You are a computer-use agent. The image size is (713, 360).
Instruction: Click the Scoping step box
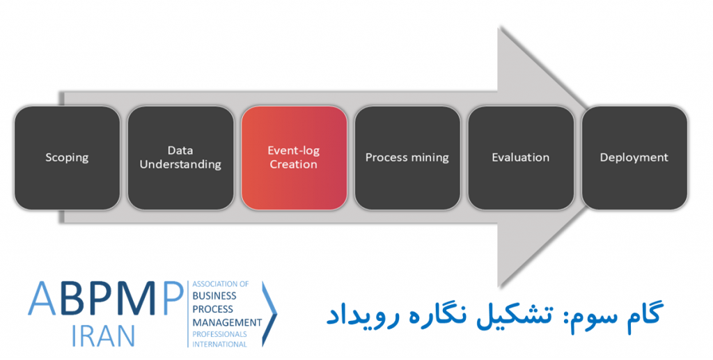point(68,158)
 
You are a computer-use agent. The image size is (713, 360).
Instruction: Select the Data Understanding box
point(180,158)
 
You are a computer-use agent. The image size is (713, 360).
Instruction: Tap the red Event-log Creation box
point(295,158)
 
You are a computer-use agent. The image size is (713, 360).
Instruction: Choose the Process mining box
point(407,158)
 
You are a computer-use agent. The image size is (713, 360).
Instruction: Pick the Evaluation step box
point(521,158)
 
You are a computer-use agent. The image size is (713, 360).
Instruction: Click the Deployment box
point(634,158)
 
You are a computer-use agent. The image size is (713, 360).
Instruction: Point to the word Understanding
point(180,164)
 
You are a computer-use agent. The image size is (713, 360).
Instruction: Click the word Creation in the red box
point(294,164)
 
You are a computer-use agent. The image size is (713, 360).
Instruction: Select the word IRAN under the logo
point(104,336)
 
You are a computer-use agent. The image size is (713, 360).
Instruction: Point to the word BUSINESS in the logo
point(214,296)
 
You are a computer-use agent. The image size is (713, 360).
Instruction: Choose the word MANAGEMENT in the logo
point(228,322)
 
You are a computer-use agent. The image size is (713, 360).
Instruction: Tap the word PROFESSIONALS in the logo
point(219,334)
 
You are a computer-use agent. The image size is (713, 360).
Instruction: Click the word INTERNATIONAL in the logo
point(219,345)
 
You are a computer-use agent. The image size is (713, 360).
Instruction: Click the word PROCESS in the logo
point(213,310)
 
